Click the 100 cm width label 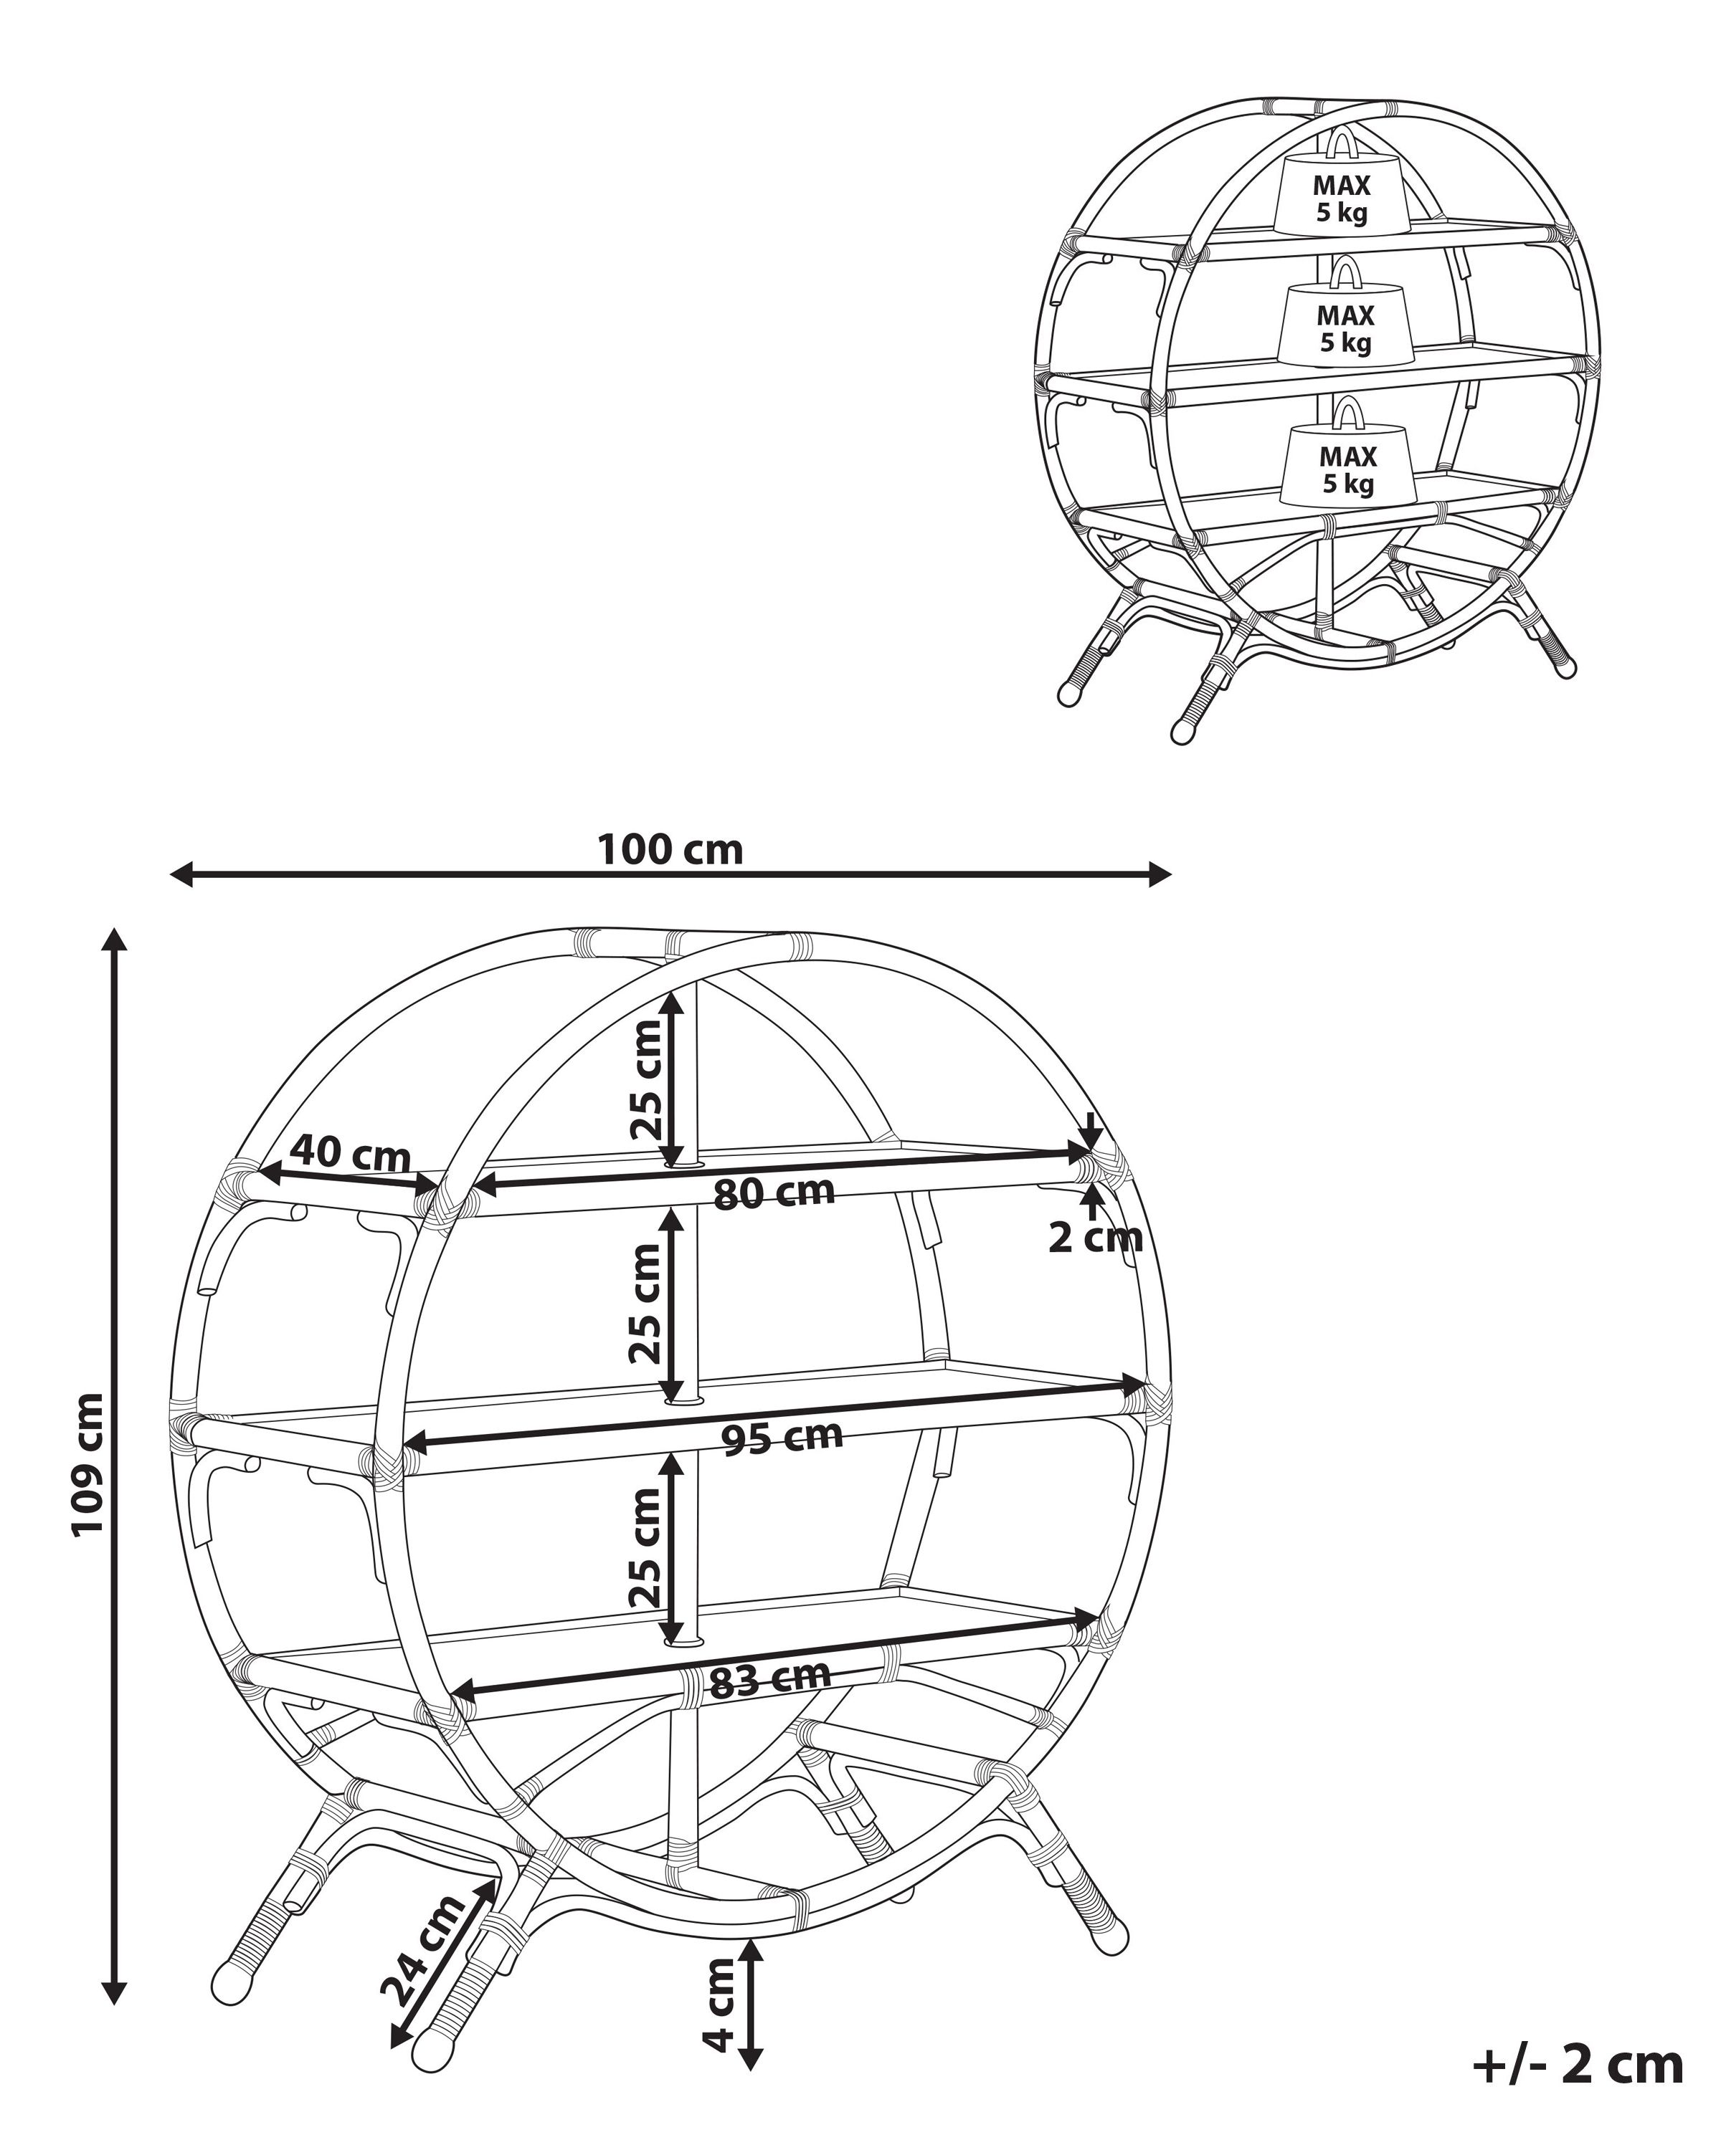[x=670, y=851]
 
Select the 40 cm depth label [x=350, y=1154]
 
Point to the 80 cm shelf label [x=774, y=1193]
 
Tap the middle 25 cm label [x=647, y=1304]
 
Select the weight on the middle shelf [x=1345, y=326]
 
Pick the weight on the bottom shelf [x=1348, y=467]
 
